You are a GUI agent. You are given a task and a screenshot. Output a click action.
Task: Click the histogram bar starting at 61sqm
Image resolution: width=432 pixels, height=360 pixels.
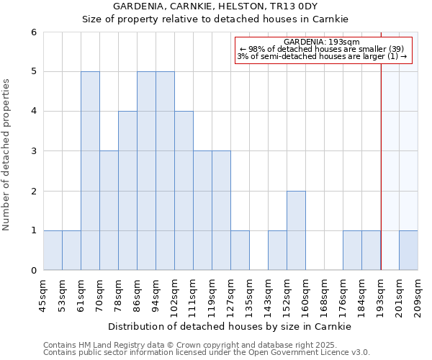tap(90, 171)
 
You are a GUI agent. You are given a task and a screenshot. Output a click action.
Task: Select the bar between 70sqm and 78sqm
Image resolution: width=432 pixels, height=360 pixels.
tap(109, 210)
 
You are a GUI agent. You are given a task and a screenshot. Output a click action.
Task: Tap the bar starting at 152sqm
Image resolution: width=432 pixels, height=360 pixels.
tap(296, 230)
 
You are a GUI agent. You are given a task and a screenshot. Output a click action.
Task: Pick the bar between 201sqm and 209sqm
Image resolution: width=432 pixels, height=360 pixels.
tap(408, 250)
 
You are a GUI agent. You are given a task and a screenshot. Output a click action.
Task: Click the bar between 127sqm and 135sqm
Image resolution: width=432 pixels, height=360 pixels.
tap(240, 250)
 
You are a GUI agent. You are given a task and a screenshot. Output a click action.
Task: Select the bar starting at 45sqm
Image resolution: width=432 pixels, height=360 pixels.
tap(53, 250)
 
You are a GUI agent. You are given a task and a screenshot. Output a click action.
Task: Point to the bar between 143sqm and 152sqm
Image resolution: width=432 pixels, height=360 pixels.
tap(277, 250)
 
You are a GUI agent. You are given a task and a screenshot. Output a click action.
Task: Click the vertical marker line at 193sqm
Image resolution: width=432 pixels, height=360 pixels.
tap(381, 144)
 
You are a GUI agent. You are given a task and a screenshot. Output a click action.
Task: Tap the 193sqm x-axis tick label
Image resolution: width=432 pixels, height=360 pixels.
tap(381, 294)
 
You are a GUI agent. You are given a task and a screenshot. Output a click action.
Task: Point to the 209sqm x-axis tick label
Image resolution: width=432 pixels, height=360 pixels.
tap(418, 294)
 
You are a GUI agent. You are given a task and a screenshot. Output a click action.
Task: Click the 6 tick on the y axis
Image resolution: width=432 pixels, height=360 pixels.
tap(33, 32)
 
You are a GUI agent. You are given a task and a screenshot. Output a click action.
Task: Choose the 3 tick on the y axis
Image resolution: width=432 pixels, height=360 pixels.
tap(33, 151)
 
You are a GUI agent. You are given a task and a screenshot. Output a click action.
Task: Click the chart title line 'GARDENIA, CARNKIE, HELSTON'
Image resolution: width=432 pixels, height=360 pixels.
tap(215, 6)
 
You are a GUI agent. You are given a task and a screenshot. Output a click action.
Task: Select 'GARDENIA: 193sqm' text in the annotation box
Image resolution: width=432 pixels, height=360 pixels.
tap(322, 42)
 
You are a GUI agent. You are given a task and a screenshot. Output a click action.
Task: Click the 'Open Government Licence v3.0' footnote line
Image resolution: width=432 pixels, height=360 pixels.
tap(207, 353)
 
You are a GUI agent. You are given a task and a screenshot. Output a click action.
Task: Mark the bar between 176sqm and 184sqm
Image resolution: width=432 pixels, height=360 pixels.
tap(352, 250)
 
